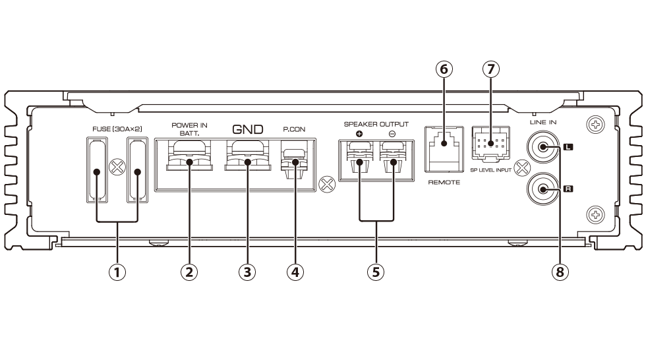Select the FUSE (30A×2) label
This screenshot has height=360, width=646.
tap(117, 129)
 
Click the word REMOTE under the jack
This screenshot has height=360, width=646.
tap(444, 183)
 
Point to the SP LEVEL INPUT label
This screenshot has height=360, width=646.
tap(491, 169)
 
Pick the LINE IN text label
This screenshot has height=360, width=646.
tap(542, 123)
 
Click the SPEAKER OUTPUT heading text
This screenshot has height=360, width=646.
tap(376, 123)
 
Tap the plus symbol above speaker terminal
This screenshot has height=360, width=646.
tap(359, 134)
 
